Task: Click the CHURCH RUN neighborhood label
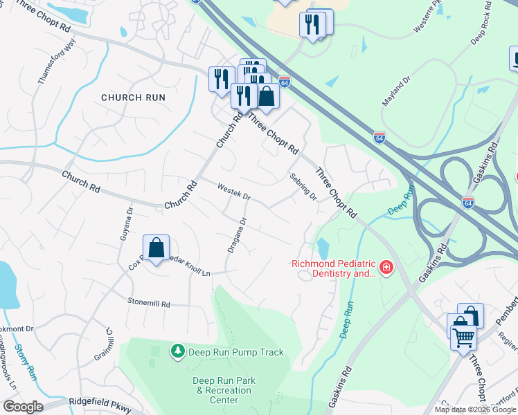(133, 98)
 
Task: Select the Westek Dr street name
(233, 192)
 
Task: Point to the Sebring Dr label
(303, 186)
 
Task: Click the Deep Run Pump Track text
(238, 352)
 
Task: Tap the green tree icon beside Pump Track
(178, 352)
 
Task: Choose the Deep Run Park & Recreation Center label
(224, 390)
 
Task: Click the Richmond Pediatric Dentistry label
(333, 268)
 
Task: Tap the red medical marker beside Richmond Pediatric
(386, 267)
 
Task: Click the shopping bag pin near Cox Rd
(157, 247)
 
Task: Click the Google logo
(23, 407)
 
